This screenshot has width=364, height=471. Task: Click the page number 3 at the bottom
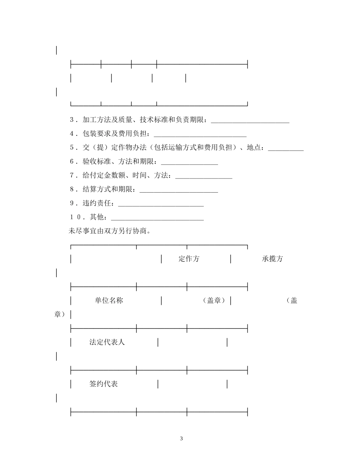(182, 438)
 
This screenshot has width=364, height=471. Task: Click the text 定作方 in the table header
(189, 259)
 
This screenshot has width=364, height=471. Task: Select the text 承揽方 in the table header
(272, 259)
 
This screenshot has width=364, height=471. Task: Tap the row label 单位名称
(109, 301)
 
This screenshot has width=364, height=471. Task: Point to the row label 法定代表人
(107, 342)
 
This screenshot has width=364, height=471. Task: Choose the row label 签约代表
(103, 384)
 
